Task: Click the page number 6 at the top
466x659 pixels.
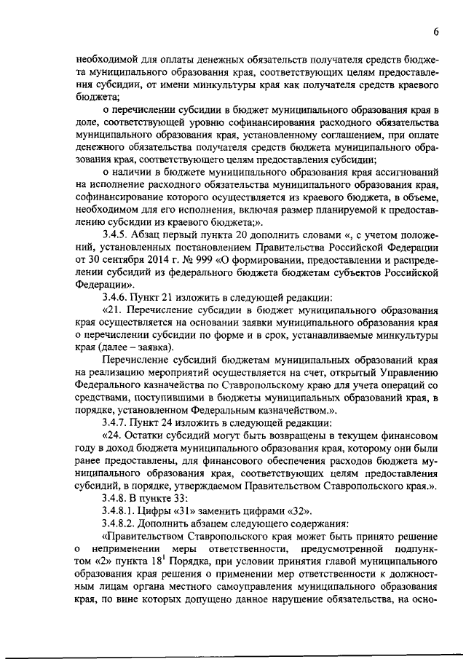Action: (x=435, y=32)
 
